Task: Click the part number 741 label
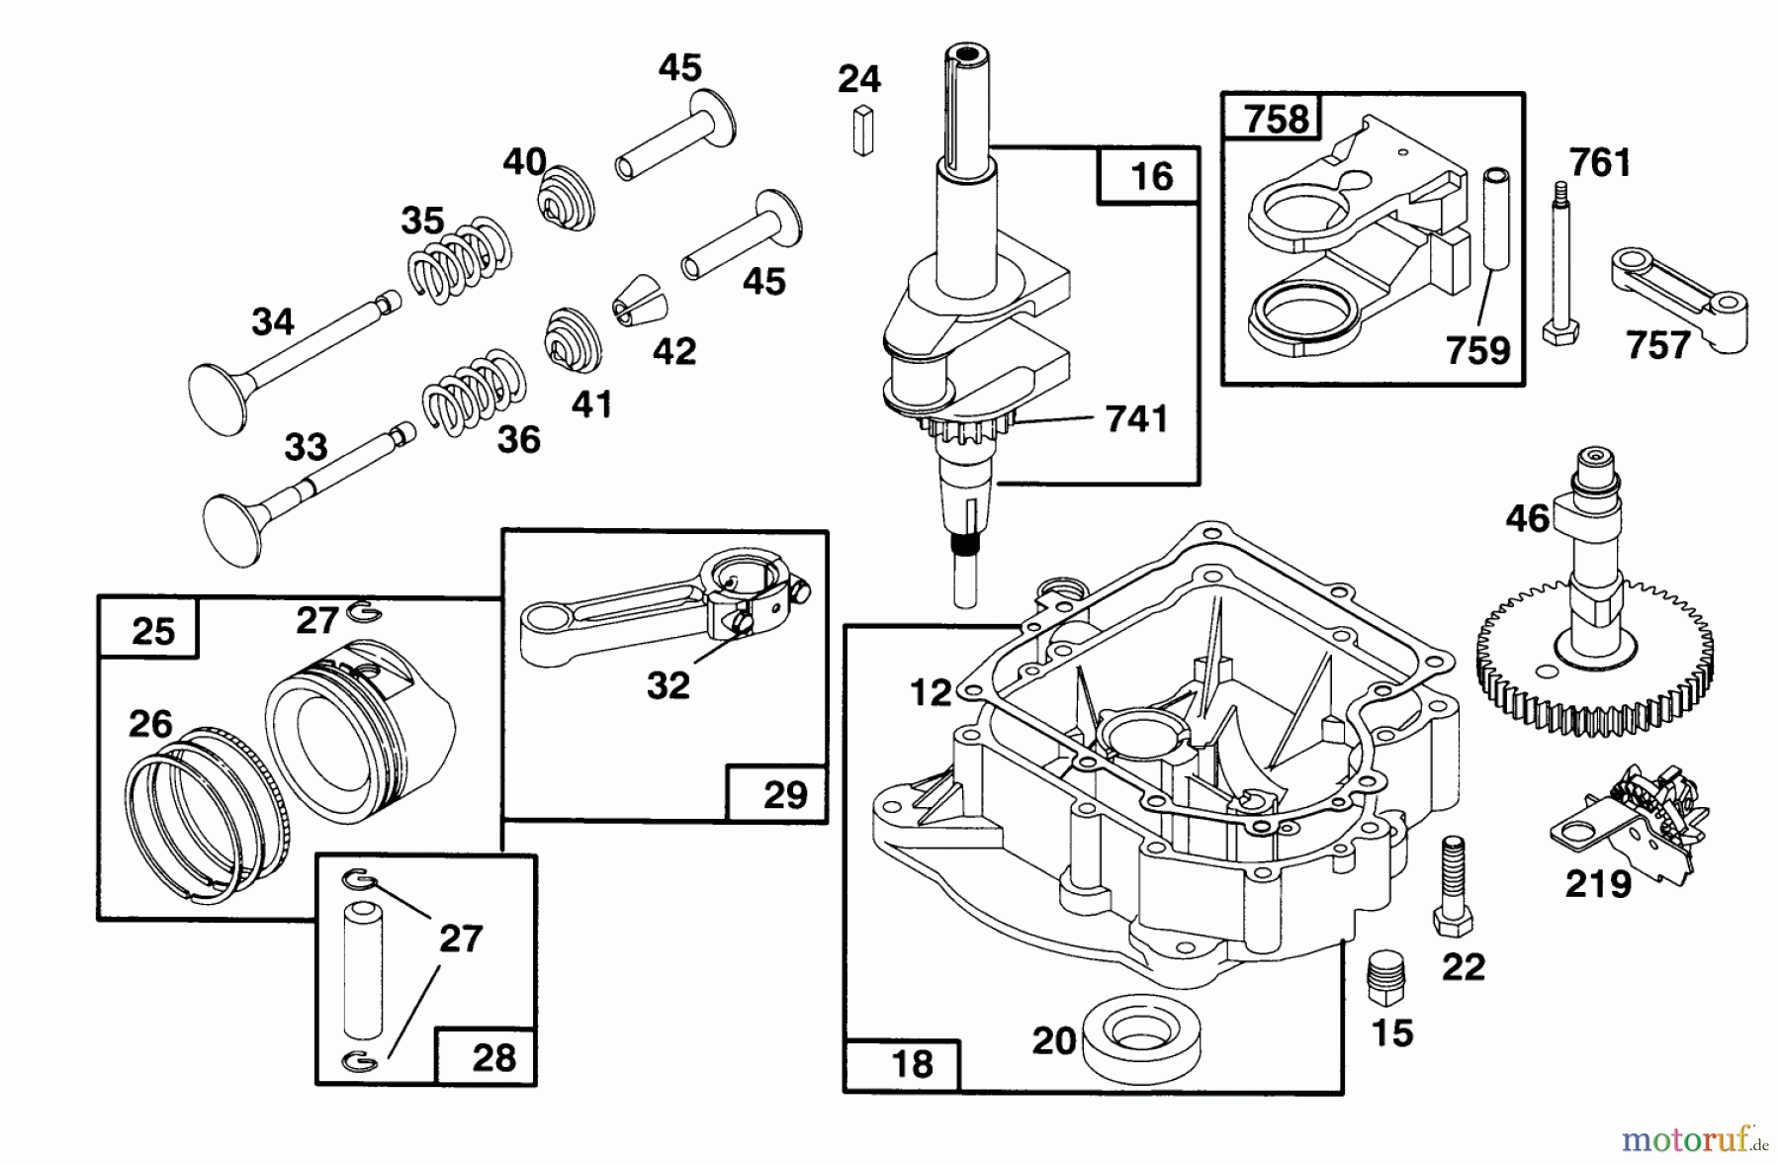pos(1136,419)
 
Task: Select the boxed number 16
pos(1150,177)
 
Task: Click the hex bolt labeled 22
pos(1451,885)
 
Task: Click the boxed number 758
pos(1276,120)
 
